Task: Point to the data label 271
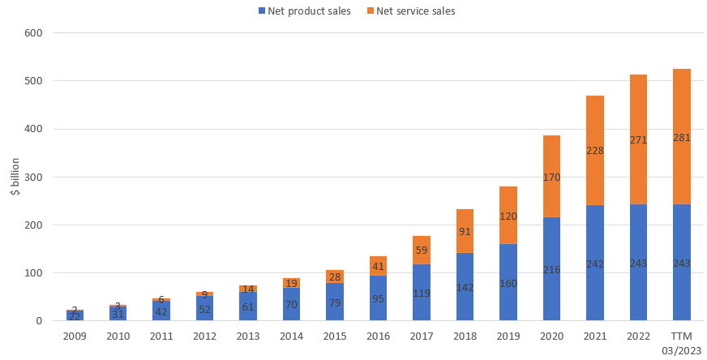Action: click(637, 139)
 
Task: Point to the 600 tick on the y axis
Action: click(33, 33)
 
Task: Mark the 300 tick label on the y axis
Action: click(33, 178)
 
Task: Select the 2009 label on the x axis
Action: click(75, 336)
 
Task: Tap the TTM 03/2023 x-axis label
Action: click(681, 342)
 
